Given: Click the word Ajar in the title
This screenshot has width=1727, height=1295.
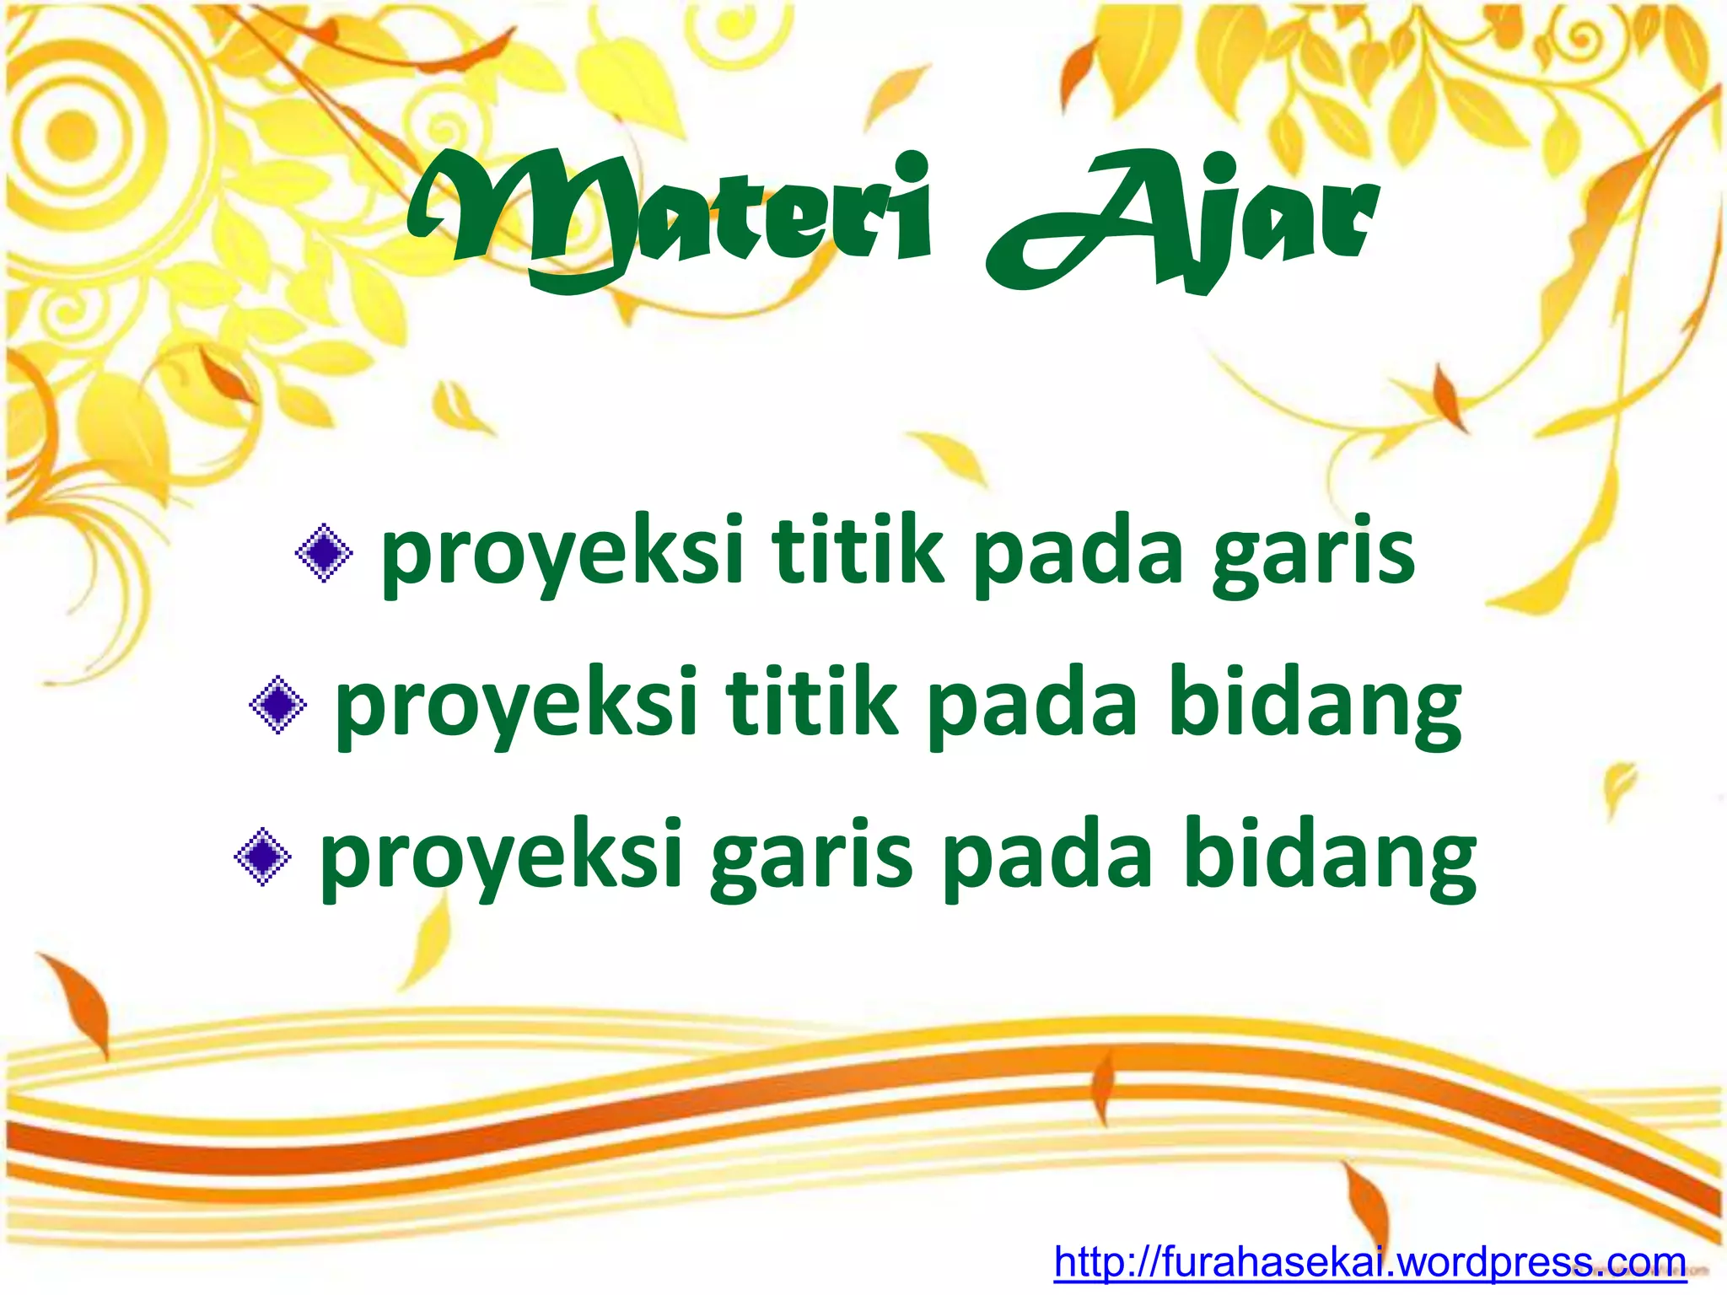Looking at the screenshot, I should tap(1181, 223).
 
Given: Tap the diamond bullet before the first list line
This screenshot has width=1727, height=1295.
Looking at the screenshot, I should tap(324, 553).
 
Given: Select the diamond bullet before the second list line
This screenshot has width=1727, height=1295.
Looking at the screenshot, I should tap(278, 705).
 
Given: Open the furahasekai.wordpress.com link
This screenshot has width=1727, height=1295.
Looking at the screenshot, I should tap(1369, 1261).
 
